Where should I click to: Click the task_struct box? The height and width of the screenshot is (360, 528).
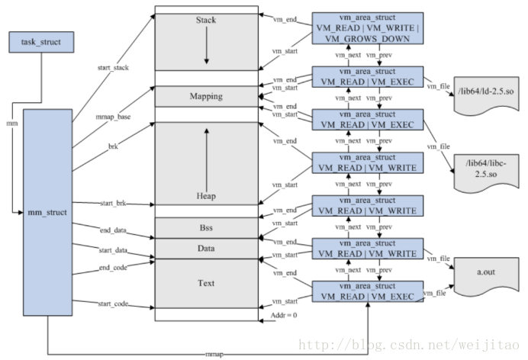[41, 42]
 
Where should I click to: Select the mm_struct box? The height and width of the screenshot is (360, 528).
[47, 212]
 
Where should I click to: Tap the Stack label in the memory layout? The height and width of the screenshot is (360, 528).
[206, 20]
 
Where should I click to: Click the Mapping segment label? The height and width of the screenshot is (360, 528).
[206, 96]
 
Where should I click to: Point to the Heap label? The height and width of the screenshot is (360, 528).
[206, 196]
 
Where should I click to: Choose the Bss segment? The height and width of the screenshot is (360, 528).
[207, 228]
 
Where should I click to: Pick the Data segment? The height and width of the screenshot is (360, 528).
[207, 249]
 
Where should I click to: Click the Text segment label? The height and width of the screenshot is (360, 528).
[206, 283]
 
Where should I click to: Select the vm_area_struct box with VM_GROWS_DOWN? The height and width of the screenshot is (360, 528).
[368, 28]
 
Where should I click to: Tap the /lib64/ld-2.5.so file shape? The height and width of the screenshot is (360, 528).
[486, 95]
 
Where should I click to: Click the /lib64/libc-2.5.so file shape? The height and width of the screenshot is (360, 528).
[486, 172]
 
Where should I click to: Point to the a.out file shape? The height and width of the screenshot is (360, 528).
[486, 276]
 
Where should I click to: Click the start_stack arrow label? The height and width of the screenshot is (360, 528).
[113, 68]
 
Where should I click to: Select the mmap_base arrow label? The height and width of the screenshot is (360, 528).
[113, 117]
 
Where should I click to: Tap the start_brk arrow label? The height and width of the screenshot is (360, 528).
[113, 203]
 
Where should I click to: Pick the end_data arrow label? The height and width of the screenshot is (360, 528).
[113, 230]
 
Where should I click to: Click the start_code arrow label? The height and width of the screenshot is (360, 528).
[113, 304]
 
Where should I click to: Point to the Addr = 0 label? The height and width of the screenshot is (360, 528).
[284, 315]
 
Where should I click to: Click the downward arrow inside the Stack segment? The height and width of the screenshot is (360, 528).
[207, 45]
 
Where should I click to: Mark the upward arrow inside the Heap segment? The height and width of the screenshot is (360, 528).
[207, 160]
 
